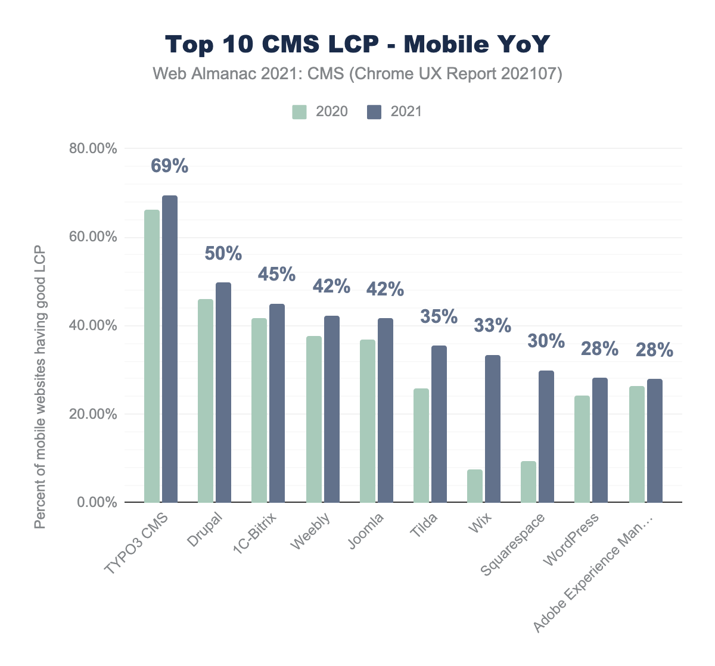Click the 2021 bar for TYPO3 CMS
point(170,348)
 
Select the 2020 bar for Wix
point(475,486)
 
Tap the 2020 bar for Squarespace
point(529,482)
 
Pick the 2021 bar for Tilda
point(439,424)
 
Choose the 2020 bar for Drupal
point(206,400)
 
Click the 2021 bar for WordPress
point(600,440)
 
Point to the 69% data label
point(170,166)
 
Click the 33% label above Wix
point(493,326)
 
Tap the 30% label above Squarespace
point(546,341)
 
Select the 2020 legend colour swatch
point(299,112)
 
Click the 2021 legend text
point(406,112)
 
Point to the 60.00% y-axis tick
point(93,237)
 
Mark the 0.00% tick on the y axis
point(97,503)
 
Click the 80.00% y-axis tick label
point(93,148)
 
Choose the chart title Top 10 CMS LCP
point(357,45)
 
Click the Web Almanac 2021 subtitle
point(357,74)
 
